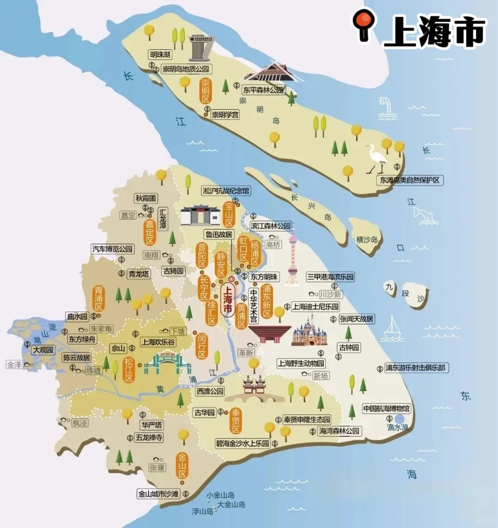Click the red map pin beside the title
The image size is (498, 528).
(x=364, y=24)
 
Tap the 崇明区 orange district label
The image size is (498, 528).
(x=205, y=91)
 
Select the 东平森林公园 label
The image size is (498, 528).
(x=263, y=90)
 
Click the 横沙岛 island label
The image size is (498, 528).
(x=367, y=239)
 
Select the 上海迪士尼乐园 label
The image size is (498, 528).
(x=315, y=306)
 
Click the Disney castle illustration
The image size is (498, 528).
(x=309, y=331)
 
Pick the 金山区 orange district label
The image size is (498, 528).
(x=183, y=465)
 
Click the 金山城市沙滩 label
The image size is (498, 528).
(x=158, y=494)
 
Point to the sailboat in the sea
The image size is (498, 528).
(x=393, y=327)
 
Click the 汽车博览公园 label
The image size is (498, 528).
(x=113, y=249)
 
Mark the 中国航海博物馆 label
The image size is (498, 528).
(x=386, y=409)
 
